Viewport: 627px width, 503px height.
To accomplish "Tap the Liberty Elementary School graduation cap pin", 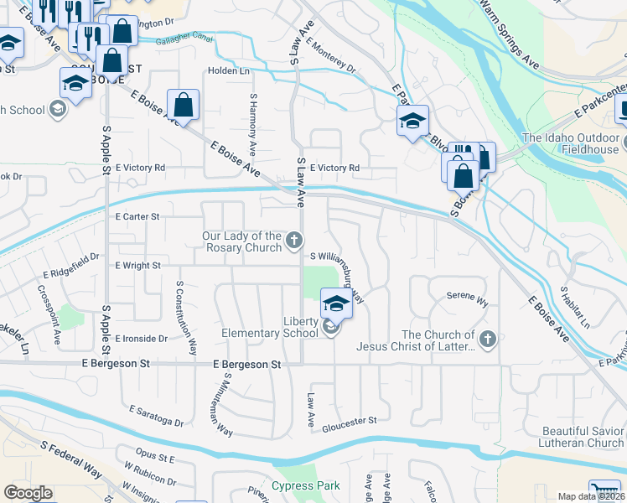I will pyautogui.click(x=335, y=304).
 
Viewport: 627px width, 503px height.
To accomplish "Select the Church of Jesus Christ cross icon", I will pyautogui.click(x=489, y=340).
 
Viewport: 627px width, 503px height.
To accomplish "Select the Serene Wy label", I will pyautogui.click(x=467, y=298).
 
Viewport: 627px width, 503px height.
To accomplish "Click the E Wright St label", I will pyautogui.click(x=137, y=265).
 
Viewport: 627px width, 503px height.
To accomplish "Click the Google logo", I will pyautogui.click(x=28, y=493).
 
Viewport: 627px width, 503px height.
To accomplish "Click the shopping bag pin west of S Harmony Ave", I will pyautogui.click(x=183, y=106).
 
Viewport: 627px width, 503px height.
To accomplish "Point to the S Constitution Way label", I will pyautogui.click(x=187, y=318).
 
